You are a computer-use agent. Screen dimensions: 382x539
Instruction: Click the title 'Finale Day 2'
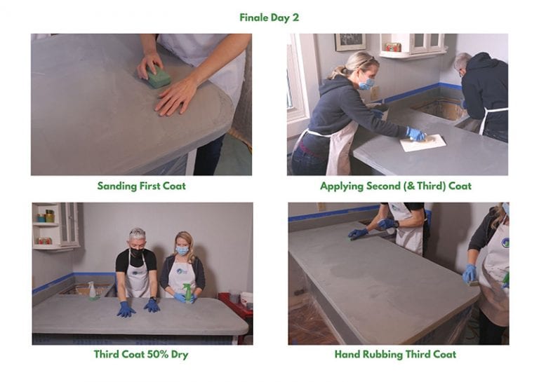point(269,18)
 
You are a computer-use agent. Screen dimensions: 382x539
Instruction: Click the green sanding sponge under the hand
point(159,76)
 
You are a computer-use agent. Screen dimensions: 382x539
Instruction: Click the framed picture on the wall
point(350,42)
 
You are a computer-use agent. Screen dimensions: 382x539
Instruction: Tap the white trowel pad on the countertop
point(423,142)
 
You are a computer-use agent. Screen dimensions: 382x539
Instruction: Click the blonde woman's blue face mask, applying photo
point(366,83)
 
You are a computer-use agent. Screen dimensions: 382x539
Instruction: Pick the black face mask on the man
point(137,251)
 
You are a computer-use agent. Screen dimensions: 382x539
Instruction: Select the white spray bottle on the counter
point(92,290)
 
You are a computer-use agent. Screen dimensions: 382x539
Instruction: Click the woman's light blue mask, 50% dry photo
point(182,250)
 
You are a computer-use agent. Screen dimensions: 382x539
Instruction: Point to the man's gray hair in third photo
point(137,233)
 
